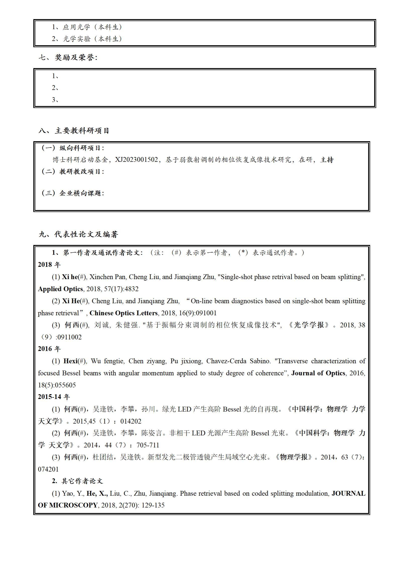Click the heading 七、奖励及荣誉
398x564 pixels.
68,58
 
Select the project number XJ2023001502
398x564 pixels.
136,160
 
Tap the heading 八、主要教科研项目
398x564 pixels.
74,131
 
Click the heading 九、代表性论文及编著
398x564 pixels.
78,234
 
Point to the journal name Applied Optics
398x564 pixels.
60,289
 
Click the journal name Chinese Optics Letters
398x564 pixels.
123,313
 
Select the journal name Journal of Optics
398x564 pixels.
318,373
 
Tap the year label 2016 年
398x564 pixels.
49,349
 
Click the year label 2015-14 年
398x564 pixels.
54,397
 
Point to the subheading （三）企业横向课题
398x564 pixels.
72,193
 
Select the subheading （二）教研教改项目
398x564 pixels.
72,172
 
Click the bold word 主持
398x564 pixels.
327,160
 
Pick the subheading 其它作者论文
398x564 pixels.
82,481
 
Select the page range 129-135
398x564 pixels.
153,505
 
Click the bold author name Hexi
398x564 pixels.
71,361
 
